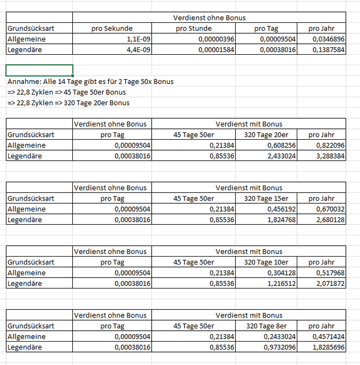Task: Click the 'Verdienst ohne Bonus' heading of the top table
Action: pyautogui.click(x=209, y=18)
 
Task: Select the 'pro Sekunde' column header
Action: pyautogui.click(x=112, y=29)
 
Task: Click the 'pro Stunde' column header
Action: pyautogui.click(x=193, y=29)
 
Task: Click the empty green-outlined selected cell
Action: pyautogui.click(x=39, y=71)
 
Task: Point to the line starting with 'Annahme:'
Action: pyautogui.click(x=91, y=82)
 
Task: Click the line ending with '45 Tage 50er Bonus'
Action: pyautogui.click(x=67, y=92)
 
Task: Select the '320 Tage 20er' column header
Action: pyautogui.click(x=264, y=135)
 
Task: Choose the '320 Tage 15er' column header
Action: pyautogui.click(x=264, y=198)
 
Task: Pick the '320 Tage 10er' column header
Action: pyautogui.click(x=264, y=262)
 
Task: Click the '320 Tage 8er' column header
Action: pyautogui.click(x=264, y=326)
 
